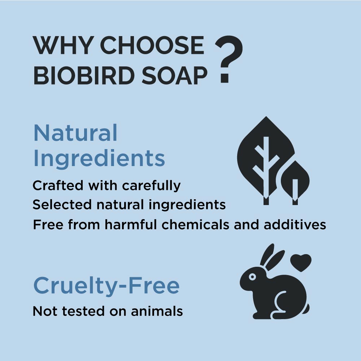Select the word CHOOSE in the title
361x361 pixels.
coord(152,45)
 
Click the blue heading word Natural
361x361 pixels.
coord(75,133)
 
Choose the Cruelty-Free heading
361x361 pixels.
coord(106,286)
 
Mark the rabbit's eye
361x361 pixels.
coord(252,277)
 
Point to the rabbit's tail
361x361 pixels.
coord(306,309)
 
